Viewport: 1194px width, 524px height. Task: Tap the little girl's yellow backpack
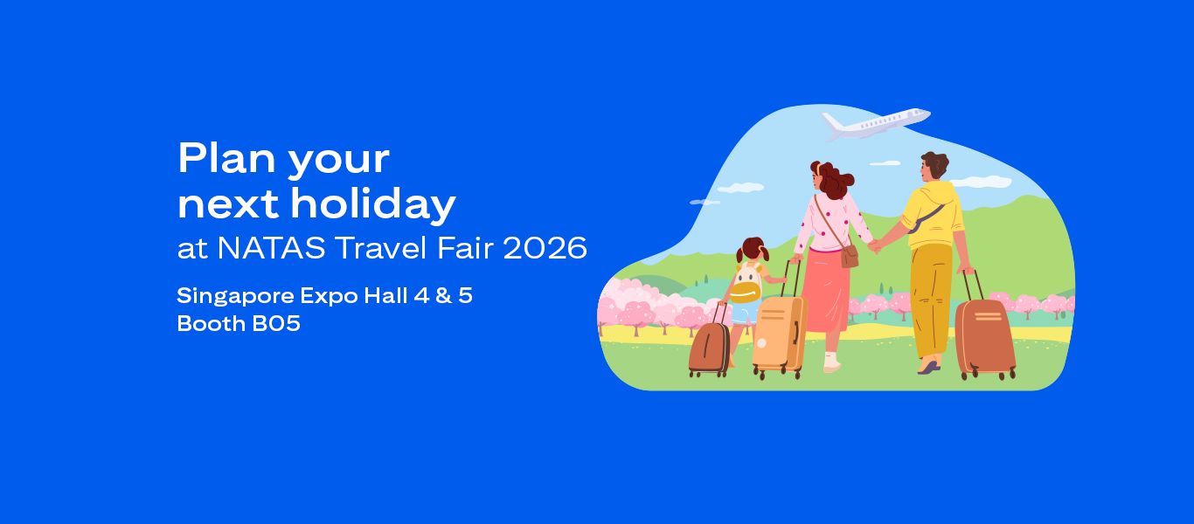pos(745,288)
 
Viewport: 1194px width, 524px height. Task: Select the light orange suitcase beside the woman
pos(778,334)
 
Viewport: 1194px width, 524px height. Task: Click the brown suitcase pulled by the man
pos(984,337)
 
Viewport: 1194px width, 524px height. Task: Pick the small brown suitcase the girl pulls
pos(709,348)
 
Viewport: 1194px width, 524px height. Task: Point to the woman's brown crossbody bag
pos(849,256)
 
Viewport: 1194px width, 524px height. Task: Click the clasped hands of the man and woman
pos(874,246)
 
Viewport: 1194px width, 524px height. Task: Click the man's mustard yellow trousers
pos(930,297)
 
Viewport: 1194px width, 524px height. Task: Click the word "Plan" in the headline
pos(215,158)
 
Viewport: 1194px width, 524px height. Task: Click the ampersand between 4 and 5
pos(443,296)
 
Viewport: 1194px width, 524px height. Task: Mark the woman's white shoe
pos(831,363)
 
